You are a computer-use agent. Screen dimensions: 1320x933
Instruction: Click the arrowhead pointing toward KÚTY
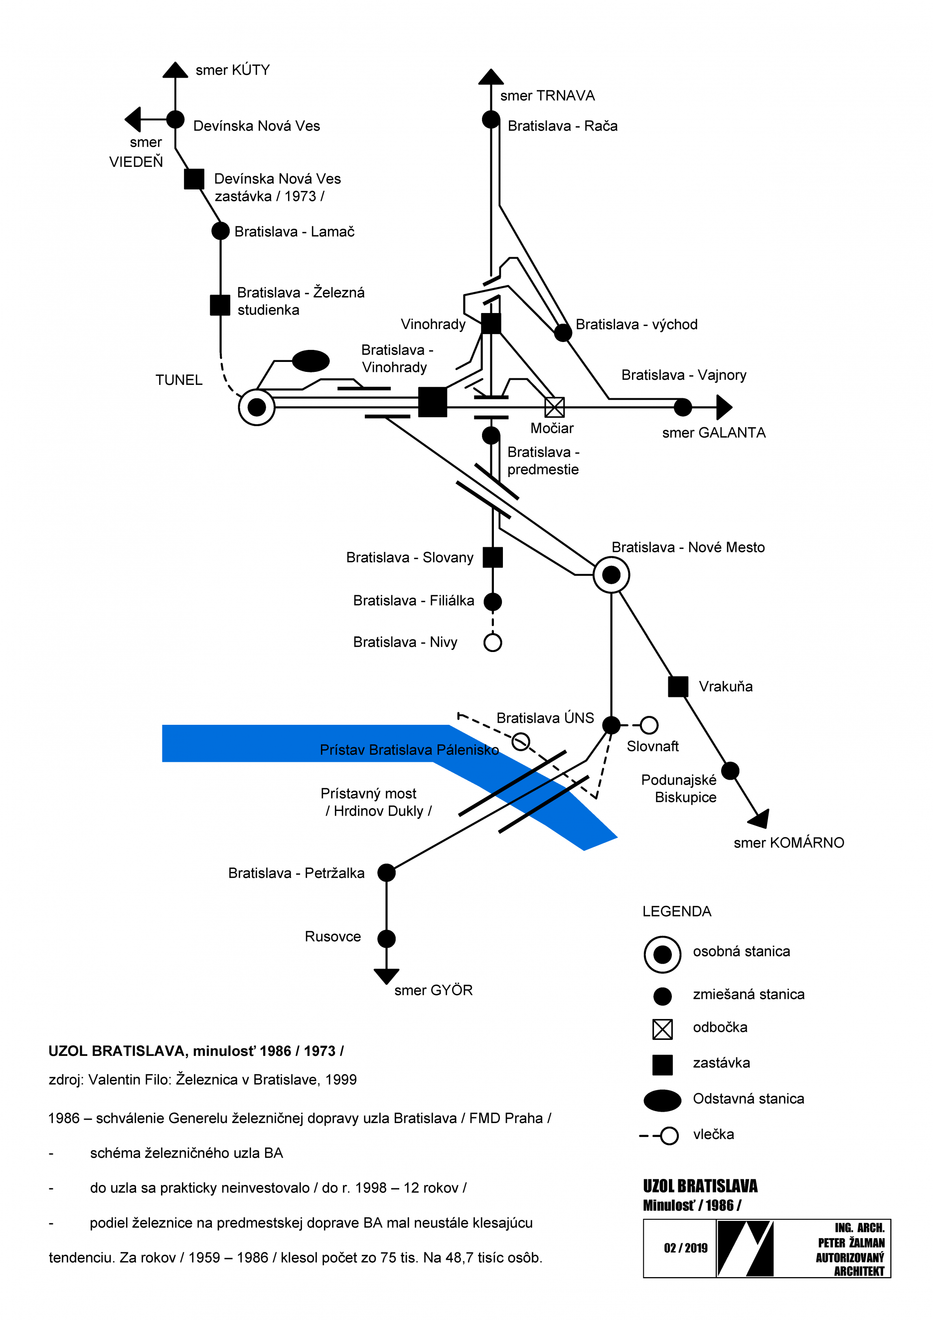(x=175, y=70)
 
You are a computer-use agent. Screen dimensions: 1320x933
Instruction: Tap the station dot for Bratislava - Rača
(x=490, y=120)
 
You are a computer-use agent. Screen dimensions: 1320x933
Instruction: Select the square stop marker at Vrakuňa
(x=678, y=686)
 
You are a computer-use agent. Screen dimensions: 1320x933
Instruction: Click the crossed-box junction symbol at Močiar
(x=554, y=407)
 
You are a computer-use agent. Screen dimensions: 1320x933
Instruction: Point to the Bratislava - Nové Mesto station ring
(x=611, y=574)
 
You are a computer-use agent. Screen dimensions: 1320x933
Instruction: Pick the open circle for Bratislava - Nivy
(x=492, y=642)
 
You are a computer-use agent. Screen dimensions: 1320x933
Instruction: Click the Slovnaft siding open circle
(x=649, y=725)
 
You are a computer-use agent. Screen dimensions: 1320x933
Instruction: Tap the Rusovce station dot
(x=386, y=939)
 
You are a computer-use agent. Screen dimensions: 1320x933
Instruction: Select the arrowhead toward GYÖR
(x=386, y=976)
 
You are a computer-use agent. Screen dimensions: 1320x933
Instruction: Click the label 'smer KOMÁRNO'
(x=788, y=843)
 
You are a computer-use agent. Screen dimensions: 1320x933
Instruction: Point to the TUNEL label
(x=179, y=380)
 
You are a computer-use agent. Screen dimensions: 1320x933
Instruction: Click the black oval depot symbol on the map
(x=311, y=361)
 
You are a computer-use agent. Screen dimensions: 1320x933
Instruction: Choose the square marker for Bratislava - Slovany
(x=492, y=557)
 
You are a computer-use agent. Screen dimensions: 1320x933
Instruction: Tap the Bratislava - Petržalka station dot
(x=386, y=873)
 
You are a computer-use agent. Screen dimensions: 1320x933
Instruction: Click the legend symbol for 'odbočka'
(x=662, y=1029)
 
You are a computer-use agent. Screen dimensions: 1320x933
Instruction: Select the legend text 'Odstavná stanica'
(x=748, y=1099)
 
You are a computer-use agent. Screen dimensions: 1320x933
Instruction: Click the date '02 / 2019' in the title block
(x=685, y=1248)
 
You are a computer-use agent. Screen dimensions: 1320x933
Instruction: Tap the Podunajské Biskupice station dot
(x=730, y=770)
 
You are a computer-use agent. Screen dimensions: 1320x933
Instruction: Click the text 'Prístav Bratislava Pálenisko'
(x=409, y=750)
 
